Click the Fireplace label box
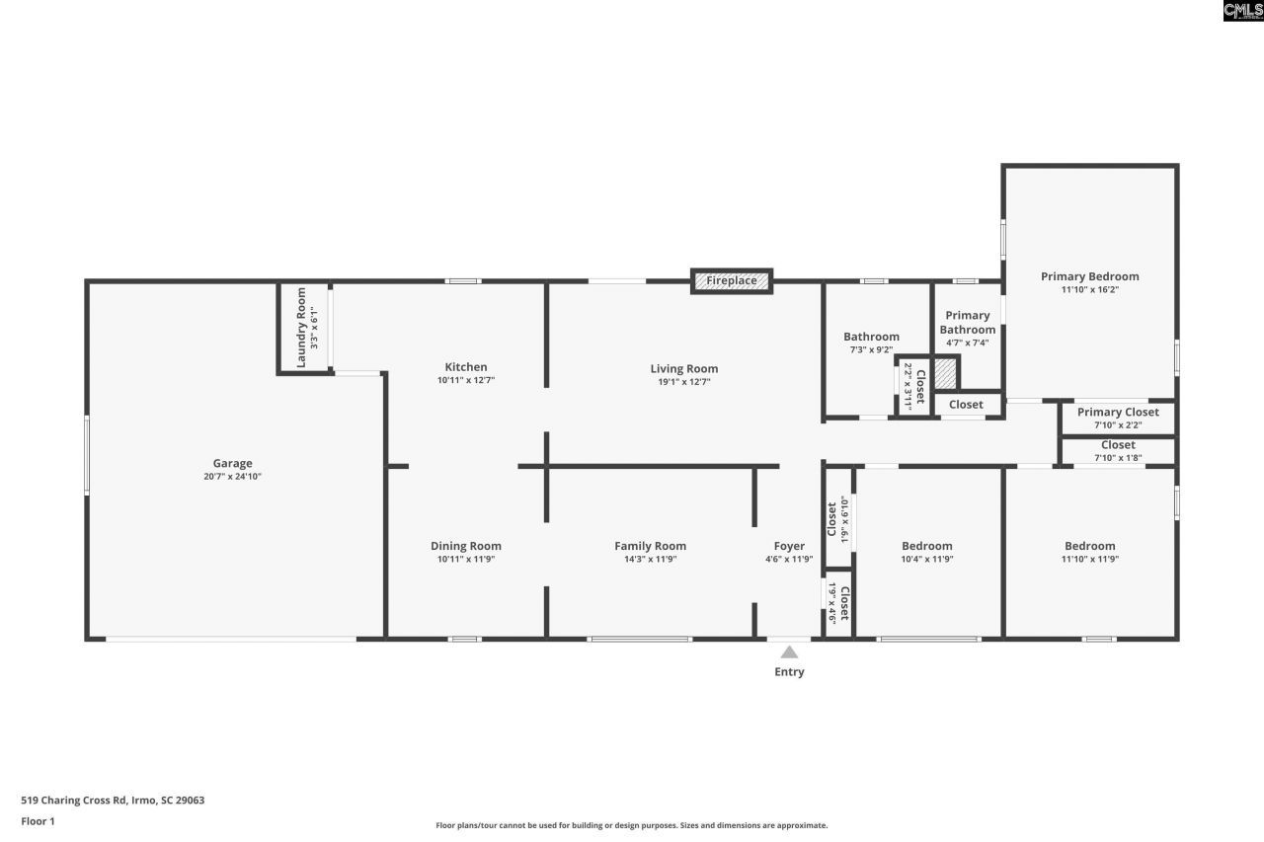(x=731, y=281)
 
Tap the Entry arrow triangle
(x=789, y=651)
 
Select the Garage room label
(x=233, y=463)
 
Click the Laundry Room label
(x=301, y=328)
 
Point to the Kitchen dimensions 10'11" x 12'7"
(x=465, y=381)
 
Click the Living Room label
(x=683, y=369)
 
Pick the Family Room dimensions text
(x=650, y=560)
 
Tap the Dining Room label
(x=465, y=546)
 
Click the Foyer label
(x=789, y=546)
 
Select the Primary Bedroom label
(x=1089, y=276)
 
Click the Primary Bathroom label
(x=967, y=323)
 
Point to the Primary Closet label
(x=1118, y=413)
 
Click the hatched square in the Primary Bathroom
(x=946, y=373)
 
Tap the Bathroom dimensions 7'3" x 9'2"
(x=871, y=349)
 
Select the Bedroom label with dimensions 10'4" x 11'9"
(x=926, y=546)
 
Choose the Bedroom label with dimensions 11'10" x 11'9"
(x=1089, y=546)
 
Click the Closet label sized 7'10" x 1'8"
(x=1118, y=445)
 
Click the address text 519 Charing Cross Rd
(x=113, y=801)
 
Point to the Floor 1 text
(x=39, y=821)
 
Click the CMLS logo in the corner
(x=1242, y=11)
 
